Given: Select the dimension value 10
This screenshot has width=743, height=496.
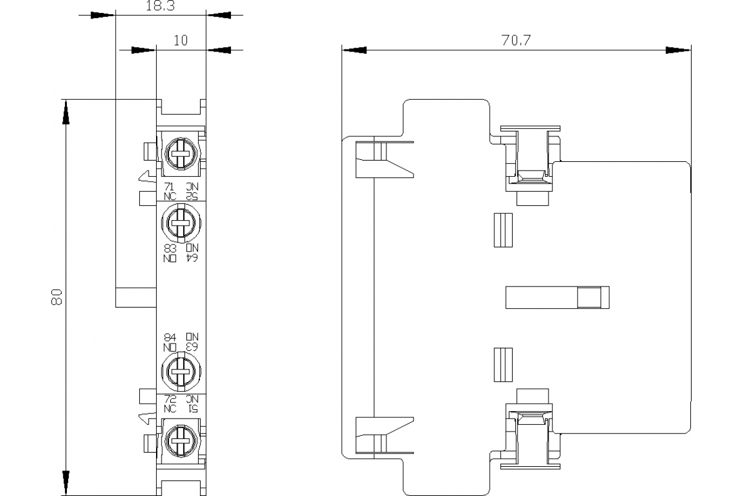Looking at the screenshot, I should tap(180, 41).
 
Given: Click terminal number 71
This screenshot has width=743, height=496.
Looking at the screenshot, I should tap(169, 187).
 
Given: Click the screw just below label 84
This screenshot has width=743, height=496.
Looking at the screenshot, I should tap(180, 372).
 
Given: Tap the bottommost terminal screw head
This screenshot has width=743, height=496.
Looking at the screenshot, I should tap(180, 443).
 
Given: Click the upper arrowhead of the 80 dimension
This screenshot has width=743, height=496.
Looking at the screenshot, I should tap(64, 112).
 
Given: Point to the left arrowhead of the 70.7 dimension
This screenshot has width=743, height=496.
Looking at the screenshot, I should tap(354, 50).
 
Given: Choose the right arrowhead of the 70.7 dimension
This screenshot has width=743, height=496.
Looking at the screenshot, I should tap(678, 50).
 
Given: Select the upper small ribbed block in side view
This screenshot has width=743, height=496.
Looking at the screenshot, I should tap(503, 231).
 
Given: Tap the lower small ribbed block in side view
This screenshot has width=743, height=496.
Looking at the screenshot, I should tap(503, 365).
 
